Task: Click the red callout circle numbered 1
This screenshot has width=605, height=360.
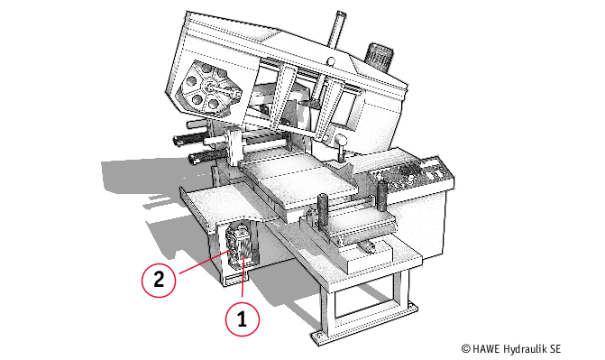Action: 243,319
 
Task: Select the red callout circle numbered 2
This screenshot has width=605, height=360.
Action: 159,280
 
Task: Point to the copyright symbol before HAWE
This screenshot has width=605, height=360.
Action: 466,349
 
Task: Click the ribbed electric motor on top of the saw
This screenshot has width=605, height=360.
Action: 380,57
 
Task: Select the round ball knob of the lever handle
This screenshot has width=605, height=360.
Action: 340,139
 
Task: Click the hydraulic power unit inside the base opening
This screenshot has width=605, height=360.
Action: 239,246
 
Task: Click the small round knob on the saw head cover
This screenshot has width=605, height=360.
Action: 331,60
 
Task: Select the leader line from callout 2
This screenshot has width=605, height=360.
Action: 205,262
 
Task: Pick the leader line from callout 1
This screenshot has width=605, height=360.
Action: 243,277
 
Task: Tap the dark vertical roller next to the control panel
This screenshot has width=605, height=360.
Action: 381,194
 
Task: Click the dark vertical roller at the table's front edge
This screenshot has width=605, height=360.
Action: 322,211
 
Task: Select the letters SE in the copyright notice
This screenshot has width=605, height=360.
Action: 555,349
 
